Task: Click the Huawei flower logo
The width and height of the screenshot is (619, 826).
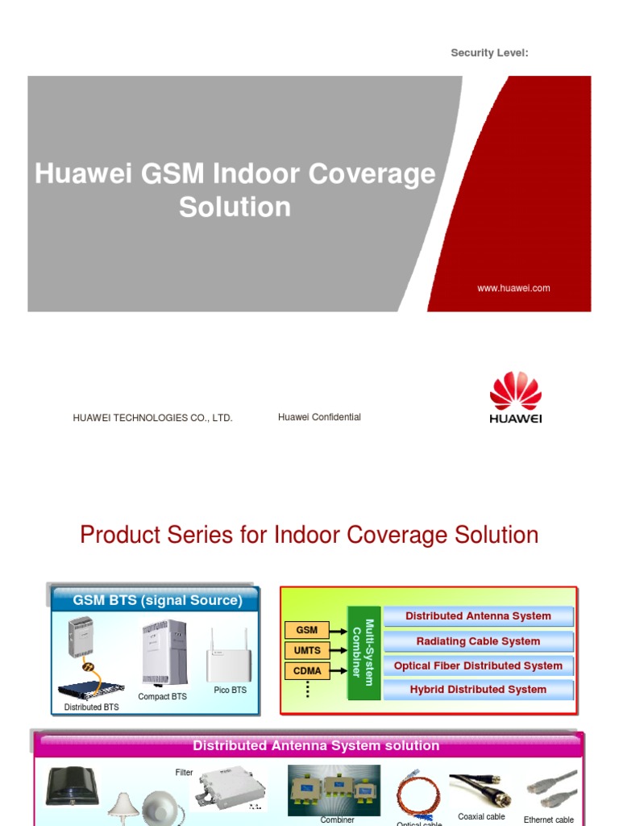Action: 516,391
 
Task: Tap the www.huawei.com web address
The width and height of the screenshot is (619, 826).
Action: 513,288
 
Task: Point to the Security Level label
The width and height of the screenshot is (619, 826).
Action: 489,53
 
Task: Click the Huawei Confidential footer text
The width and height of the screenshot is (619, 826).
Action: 319,417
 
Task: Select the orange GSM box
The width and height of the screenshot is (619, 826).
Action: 307,630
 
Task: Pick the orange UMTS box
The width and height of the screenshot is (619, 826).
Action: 307,650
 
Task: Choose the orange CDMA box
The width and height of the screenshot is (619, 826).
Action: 307,670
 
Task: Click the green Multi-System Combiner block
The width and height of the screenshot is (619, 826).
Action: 364,653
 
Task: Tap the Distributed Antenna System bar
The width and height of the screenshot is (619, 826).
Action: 478,616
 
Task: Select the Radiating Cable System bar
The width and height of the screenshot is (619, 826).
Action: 478,641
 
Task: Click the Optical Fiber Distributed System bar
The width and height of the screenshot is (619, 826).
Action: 478,665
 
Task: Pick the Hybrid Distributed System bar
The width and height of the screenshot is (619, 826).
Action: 478,690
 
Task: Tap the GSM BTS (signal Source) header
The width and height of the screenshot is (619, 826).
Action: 157,600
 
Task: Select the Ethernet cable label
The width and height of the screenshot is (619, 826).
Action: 549,820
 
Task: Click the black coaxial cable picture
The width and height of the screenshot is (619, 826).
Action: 481,791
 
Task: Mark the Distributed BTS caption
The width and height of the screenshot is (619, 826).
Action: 91,707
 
